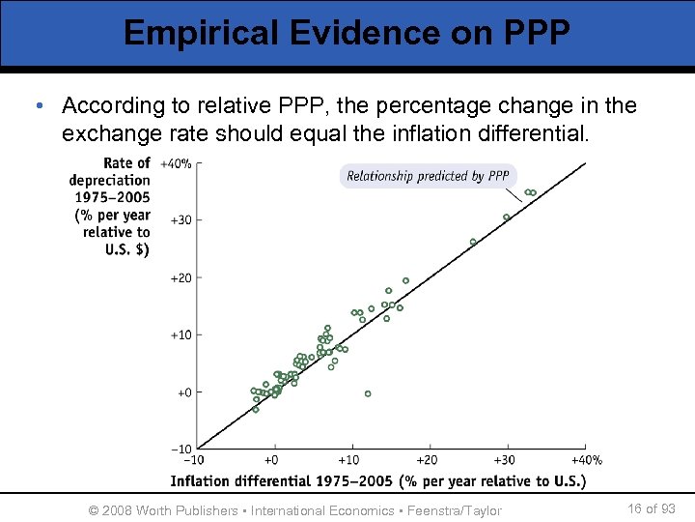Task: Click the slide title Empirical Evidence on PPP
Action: [347, 32]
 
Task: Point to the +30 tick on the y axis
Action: [180, 220]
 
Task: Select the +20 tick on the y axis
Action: [180, 278]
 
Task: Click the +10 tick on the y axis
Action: [180, 335]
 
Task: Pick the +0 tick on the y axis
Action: [182, 392]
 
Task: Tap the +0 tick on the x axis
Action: [272, 461]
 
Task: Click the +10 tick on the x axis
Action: [349, 461]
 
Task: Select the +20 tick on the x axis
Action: [427, 461]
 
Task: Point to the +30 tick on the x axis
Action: [504, 461]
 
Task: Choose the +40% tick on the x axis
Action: [585, 461]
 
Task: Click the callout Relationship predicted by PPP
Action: [428, 176]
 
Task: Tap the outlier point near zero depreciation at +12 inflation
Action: [368, 393]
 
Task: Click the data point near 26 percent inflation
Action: [473, 242]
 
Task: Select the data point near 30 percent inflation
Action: [506, 217]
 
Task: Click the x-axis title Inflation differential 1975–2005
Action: [377, 480]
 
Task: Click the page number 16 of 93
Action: [651, 509]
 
